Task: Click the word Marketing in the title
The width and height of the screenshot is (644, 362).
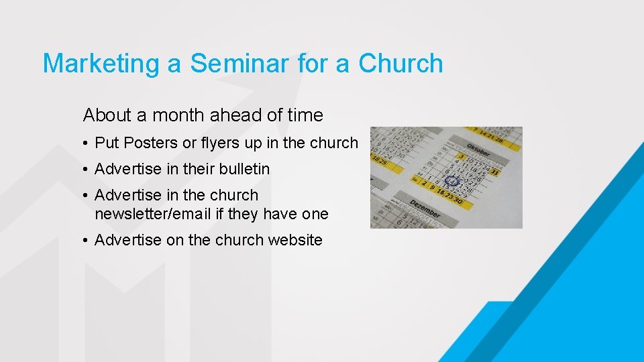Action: (x=100, y=64)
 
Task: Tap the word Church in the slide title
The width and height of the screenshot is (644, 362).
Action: (x=400, y=64)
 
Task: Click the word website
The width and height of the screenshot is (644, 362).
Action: (x=295, y=240)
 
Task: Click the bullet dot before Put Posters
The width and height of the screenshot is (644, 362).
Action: (x=87, y=143)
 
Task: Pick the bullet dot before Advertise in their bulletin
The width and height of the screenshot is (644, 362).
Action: (x=87, y=170)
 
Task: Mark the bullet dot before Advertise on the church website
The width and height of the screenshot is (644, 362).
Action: (x=87, y=241)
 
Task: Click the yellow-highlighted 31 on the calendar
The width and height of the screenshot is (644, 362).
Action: (x=495, y=172)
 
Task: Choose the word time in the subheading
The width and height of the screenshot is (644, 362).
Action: (x=305, y=115)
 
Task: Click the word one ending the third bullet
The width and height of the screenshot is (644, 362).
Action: (x=315, y=214)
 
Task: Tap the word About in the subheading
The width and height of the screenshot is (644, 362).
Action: (x=107, y=115)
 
